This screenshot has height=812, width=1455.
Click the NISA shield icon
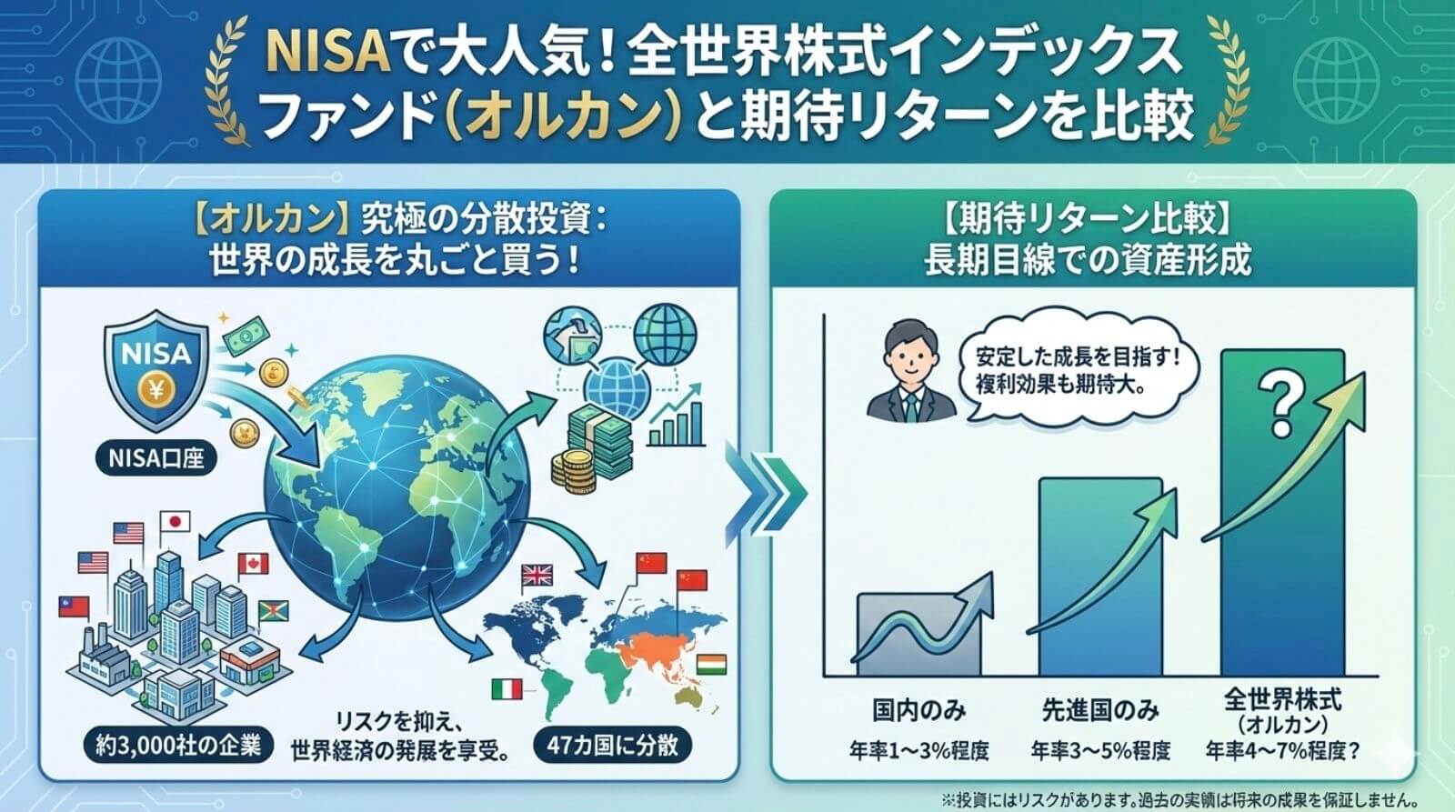(156, 370)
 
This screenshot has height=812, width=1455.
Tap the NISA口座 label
(156, 458)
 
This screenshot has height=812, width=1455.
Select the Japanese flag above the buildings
(175, 522)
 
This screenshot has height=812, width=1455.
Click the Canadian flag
(253, 563)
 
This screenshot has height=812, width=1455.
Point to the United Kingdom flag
(537, 575)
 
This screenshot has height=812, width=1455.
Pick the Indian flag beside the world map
(711, 665)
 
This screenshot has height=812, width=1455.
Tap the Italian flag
(507, 689)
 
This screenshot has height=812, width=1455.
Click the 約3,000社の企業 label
(178, 746)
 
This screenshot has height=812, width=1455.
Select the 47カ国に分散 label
(613, 745)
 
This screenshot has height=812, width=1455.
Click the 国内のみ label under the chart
(918, 710)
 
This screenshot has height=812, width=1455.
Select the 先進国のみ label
(1100, 710)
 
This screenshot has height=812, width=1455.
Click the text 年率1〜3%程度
(919, 751)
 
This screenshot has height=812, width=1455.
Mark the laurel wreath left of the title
(226, 81)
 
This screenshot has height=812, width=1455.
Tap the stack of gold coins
(574, 471)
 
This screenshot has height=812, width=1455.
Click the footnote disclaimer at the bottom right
(1179, 798)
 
